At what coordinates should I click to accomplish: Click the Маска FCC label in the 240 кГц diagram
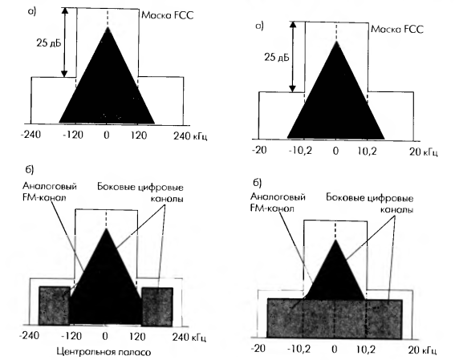tap(168, 15)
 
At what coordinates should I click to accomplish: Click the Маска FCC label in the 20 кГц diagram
tap(397, 29)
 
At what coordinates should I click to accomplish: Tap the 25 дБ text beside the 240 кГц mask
tap(49, 43)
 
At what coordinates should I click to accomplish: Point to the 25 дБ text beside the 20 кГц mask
tap(277, 58)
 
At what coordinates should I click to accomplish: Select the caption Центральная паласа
tap(104, 352)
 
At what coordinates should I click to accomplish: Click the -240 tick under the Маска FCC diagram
tap(30, 135)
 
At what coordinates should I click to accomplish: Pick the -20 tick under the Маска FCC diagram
tap(259, 150)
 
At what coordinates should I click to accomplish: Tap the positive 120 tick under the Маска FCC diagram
tap(138, 135)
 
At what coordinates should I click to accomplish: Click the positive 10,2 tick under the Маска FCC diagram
tap(367, 151)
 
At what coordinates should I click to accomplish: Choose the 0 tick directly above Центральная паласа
tap(105, 336)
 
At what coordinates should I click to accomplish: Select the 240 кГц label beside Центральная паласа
tap(189, 338)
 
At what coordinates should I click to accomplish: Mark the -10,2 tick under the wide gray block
tap(299, 349)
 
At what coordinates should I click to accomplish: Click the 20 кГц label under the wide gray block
tap(422, 350)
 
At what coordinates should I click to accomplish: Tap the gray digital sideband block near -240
tap(55, 305)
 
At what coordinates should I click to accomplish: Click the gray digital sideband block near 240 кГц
tap(157, 306)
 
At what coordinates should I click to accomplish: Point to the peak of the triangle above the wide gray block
tap(335, 240)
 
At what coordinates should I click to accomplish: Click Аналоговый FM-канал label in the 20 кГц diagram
tap(278, 203)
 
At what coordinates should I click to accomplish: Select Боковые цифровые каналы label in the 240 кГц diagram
tap(140, 192)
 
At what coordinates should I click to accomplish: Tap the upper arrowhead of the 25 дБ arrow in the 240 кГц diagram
tap(65, 11)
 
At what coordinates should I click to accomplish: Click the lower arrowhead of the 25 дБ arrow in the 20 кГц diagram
tap(293, 88)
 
